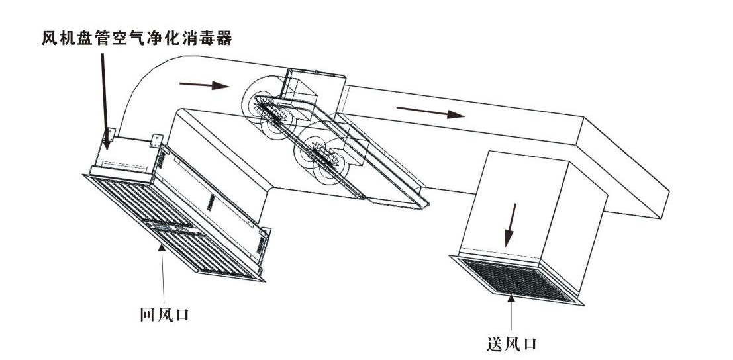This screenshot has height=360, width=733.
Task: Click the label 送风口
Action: [512, 343]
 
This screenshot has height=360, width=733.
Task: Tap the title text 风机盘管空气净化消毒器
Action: [136, 39]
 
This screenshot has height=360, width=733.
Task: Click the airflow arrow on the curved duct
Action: [204, 85]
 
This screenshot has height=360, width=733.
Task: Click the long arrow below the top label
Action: [104, 93]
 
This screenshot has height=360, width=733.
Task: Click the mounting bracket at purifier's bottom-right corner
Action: [266, 234]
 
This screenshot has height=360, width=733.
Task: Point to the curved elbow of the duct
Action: [142, 86]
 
